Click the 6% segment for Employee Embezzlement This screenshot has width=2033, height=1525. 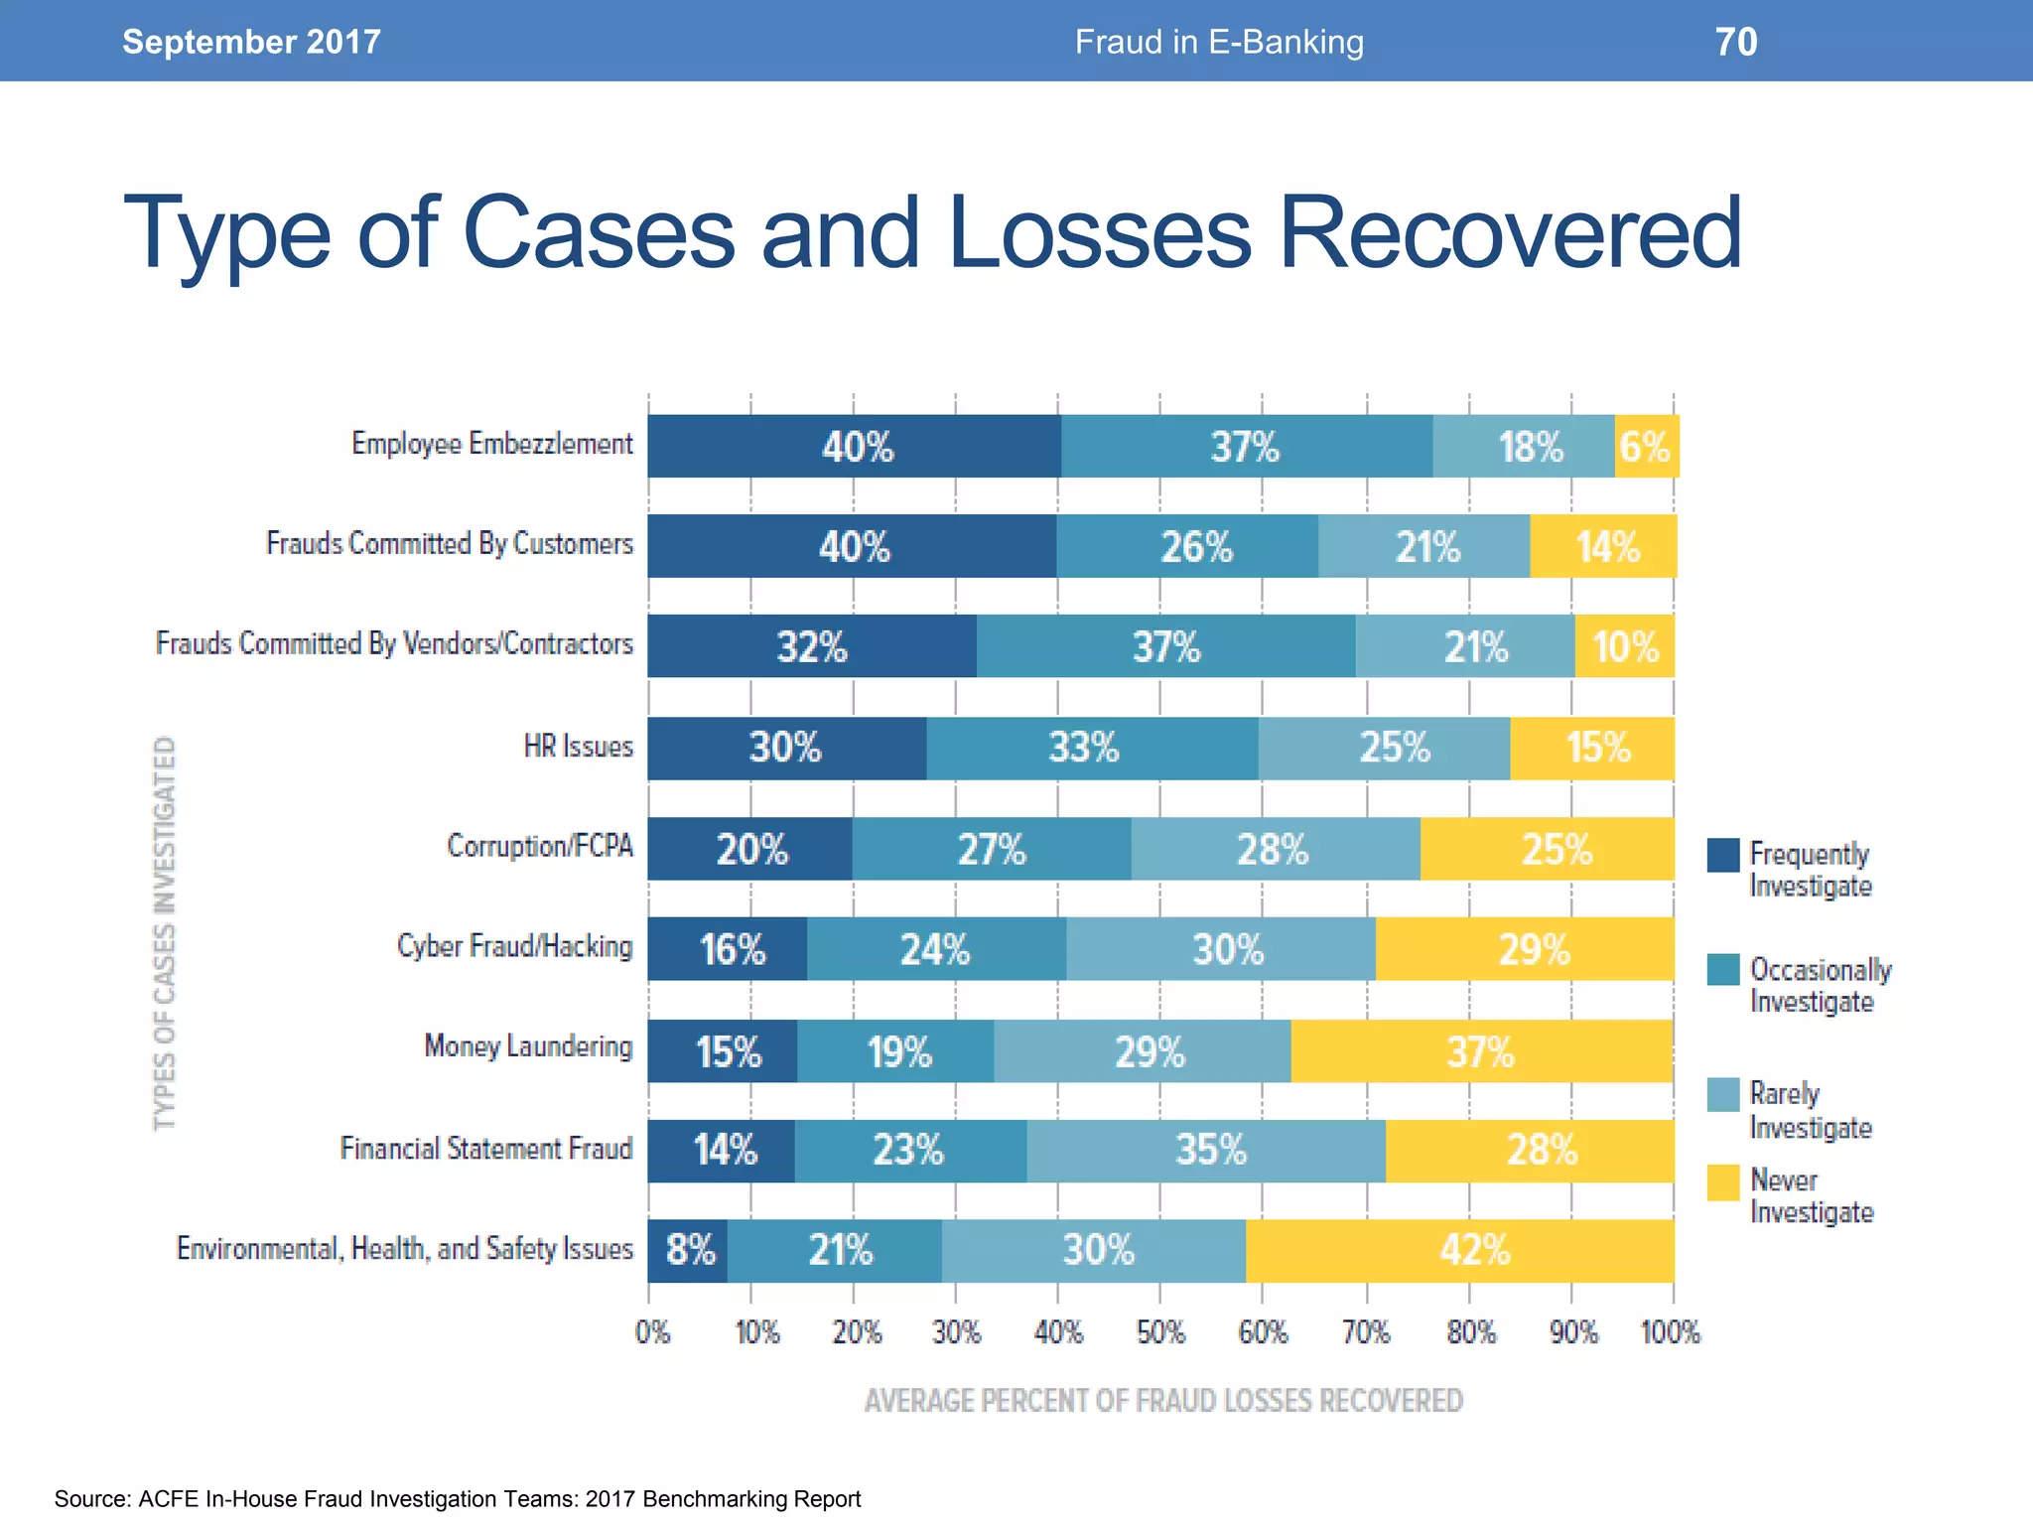(1646, 447)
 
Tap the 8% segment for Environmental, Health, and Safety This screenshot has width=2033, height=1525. (688, 1250)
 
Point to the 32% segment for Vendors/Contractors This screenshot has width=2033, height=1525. (812, 646)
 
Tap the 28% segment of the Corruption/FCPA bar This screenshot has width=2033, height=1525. (1275, 849)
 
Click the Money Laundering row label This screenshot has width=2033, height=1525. (528, 1046)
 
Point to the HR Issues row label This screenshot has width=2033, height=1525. (578, 746)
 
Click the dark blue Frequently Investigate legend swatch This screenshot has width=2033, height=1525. (1723, 855)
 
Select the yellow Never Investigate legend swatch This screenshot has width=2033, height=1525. (1723, 1182)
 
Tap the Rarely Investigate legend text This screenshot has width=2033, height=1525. (1810, 1110)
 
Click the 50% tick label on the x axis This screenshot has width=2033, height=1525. (1159, 1332)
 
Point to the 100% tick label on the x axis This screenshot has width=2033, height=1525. (1670, 1332)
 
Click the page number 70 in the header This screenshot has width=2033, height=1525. (1736, 42)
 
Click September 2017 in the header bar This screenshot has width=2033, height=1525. (251, 42)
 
